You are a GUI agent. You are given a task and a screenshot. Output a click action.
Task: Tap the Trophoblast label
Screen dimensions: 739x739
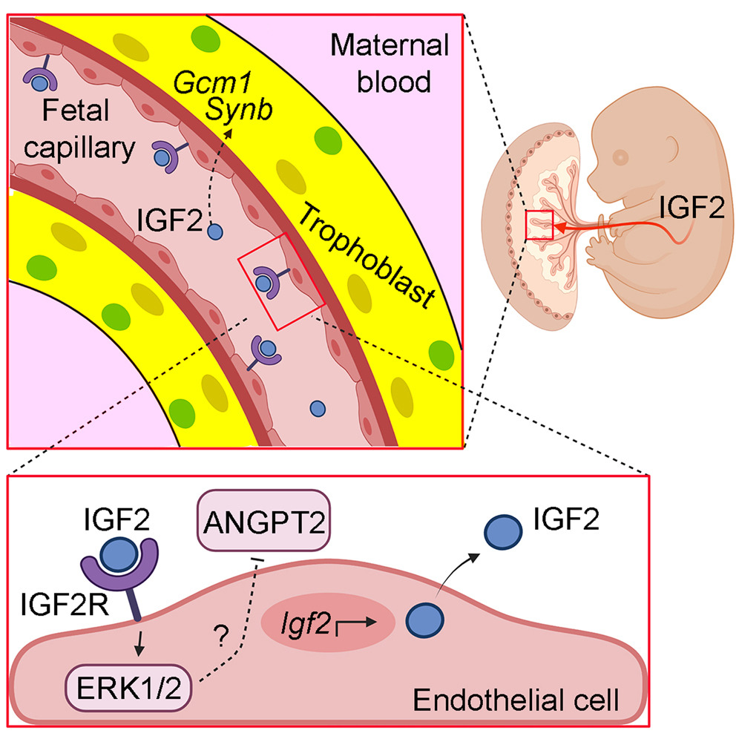point(366,256)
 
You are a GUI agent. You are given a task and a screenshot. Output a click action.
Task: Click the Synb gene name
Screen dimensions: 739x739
point(239,110)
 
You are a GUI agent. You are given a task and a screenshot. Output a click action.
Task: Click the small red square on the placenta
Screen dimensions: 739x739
point(539,224)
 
